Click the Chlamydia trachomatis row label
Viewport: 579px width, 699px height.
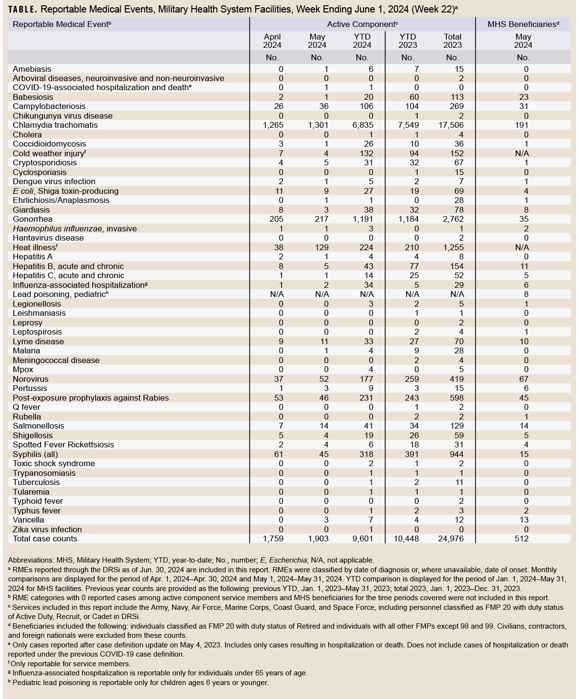(55, 125)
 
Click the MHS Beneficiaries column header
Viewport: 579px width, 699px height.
(524, 24)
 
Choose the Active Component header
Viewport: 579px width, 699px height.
(362, 24)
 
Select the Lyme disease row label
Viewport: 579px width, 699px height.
(38, 341)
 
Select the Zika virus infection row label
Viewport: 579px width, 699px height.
(47, 529)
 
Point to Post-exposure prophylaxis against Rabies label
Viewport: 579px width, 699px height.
(91, 398)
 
